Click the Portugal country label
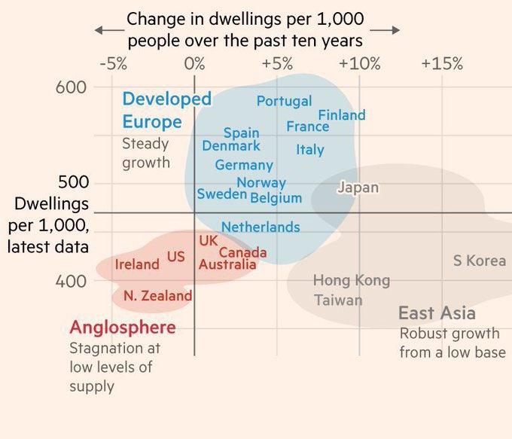pyautogui.click(x=284, y=101)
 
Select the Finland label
pyautogui.click(x=341, y=115)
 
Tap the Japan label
pyautogui.click(x=358, y=187)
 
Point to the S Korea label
pyautogui.click(x=479, y=261)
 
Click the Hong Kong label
pyautogui.click(x=352, y=281)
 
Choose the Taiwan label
pyautogui.click(x=338, y=300)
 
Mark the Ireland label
pyautogui.click(x=137, y=264)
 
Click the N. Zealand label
pyautogui.click(x=157, y=296)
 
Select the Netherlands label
pyautogui.click(x=261, y=227)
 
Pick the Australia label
pyautogui.click(x=227, y=264)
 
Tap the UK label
pyautogui.click(x=208, y=240)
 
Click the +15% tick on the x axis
pyautogui.click(x=442, y=63)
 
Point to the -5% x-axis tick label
pyautogui.click(x=113, y=63)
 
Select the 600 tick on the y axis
pyautogui.click(x=72, y=87)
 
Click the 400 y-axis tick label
pyautogui.click(x=72, y=281)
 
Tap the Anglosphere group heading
pyautogui.click(x=123, y=328)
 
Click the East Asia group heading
pyautogui.click(x=437, y=313)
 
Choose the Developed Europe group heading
pyautogui.click(x=166, y=110)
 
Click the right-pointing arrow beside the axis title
pyautogui.click(x=385, y=30)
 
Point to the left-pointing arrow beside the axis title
pyautogui.click(x=109, y=30)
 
